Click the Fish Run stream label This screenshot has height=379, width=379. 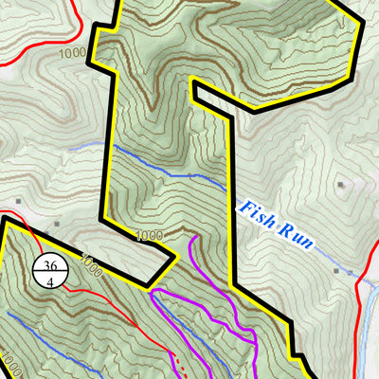pos(276,227)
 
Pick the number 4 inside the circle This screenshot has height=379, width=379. pos(49,280)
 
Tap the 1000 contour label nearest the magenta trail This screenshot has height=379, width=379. pos(149,235)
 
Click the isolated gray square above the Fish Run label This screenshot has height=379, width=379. pos(340,186)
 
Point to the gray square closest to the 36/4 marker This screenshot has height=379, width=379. pos(58,225)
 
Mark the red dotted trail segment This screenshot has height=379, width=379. pos(175,360)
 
